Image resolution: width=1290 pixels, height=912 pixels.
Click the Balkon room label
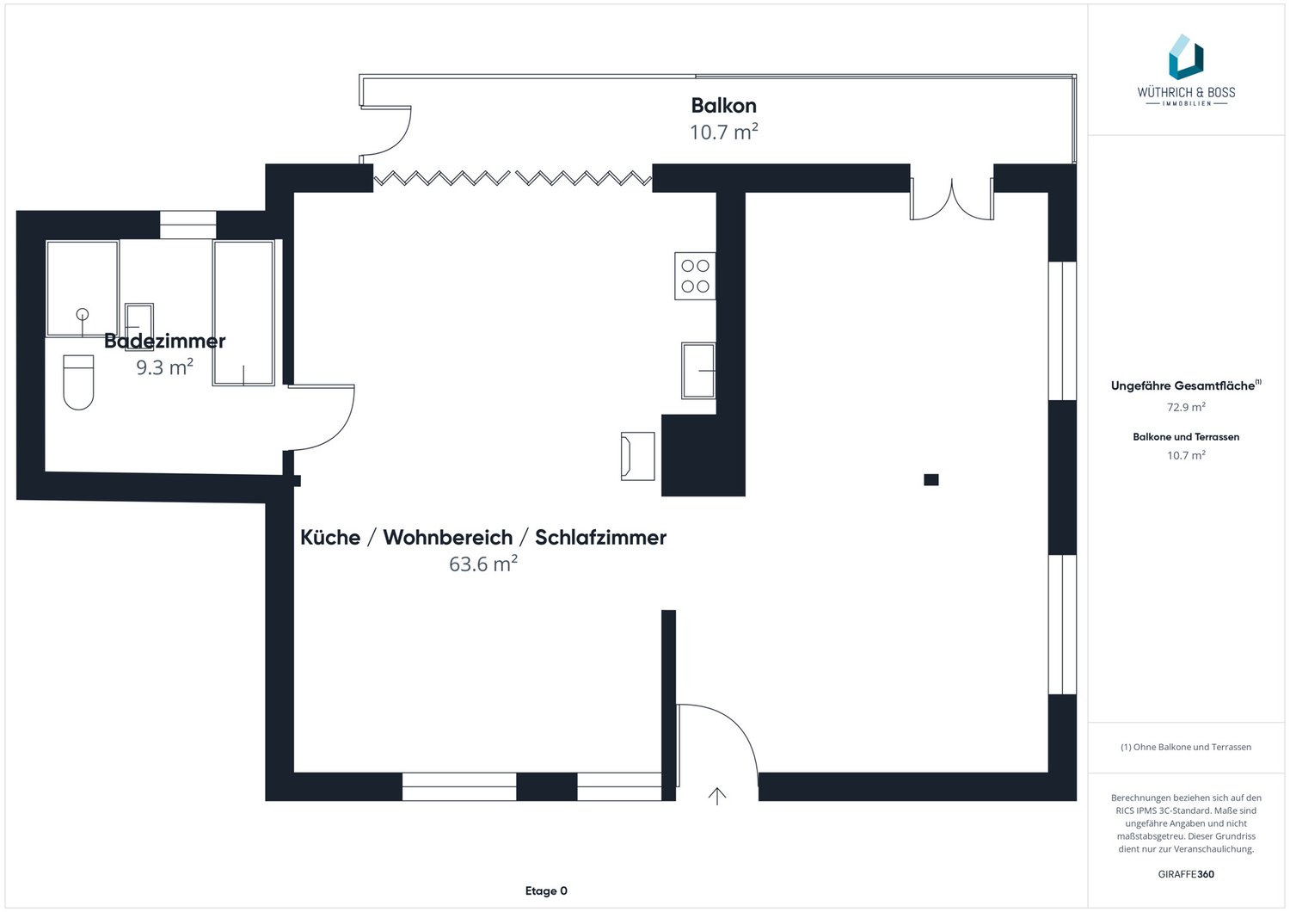tap(723, 106)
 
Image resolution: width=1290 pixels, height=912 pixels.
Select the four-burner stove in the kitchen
tap(695, 276)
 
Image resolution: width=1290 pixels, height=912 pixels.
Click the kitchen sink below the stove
tap(698, 371)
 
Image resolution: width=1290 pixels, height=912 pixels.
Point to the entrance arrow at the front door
tap(717, 796)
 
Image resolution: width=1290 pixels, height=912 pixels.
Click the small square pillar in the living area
tap(931, 479)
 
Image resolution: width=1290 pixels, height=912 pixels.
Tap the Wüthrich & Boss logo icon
tap(1186, 57)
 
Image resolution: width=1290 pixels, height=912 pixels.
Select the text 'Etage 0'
tap(546, 890)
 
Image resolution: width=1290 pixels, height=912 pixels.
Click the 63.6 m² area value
tap(483, 564)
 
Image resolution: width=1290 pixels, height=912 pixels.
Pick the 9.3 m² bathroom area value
tap(165, 367)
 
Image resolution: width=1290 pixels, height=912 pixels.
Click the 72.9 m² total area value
tap(1186, 407)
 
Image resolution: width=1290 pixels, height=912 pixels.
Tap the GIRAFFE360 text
tap(1186, 874)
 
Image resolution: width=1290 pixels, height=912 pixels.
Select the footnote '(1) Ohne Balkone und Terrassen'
tap(1186, 747)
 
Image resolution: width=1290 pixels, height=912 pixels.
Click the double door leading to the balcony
tap(951, 200)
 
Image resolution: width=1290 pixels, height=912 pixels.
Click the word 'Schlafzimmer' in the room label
tap(600, 538)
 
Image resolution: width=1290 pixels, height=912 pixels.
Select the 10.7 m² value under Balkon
tap(723, 132)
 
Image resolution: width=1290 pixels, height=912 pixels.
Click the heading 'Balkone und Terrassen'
tap(1186, 437)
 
